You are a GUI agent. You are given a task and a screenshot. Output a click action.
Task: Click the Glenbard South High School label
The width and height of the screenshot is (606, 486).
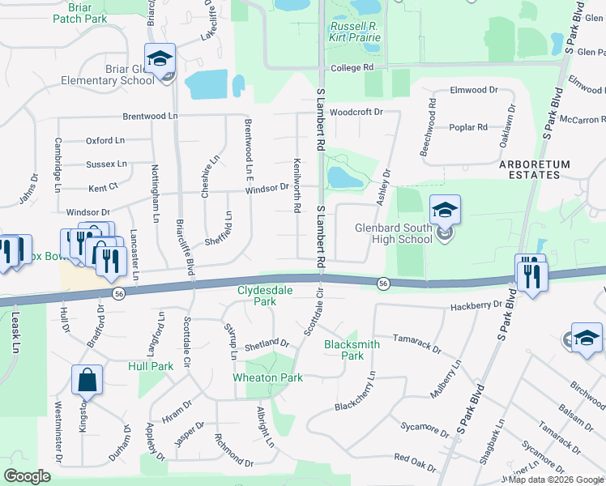394,233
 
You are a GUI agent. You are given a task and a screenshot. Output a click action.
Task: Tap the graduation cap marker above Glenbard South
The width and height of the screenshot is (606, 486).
444,211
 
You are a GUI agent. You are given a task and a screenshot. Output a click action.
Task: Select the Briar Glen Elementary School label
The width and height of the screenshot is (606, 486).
108,75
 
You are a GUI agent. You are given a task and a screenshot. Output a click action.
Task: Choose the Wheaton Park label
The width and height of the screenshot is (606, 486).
267,377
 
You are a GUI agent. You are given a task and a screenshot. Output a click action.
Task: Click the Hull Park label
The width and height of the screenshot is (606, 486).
151,366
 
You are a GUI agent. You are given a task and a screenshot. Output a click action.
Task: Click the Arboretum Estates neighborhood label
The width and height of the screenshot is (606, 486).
534,170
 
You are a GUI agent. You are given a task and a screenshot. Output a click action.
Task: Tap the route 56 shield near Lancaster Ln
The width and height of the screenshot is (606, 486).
118,292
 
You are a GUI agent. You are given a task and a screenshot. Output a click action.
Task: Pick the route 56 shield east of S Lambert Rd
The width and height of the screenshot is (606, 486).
383,283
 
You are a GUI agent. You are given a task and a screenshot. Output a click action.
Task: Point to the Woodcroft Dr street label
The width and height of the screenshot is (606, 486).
356,111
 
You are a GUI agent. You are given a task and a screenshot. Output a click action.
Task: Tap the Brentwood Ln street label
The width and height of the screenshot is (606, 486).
150,116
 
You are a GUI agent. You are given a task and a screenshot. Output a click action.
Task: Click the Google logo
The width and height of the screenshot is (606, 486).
27,476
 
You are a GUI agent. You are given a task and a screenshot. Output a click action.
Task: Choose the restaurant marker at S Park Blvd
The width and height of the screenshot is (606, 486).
531,275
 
